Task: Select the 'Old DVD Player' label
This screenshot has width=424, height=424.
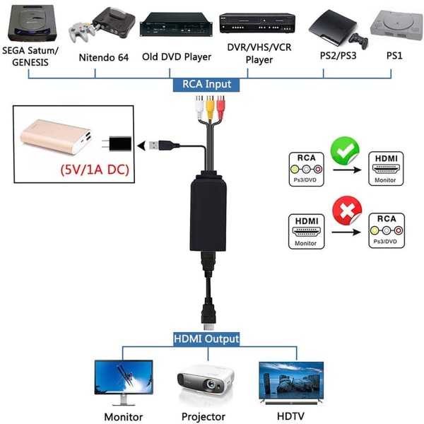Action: [x=177, y=57]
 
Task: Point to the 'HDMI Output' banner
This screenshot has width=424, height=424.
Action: [x=206, y=338]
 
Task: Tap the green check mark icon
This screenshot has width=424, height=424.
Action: [x=345, y=151]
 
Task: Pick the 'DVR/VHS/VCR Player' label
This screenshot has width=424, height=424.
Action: [x=259, y=54]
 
